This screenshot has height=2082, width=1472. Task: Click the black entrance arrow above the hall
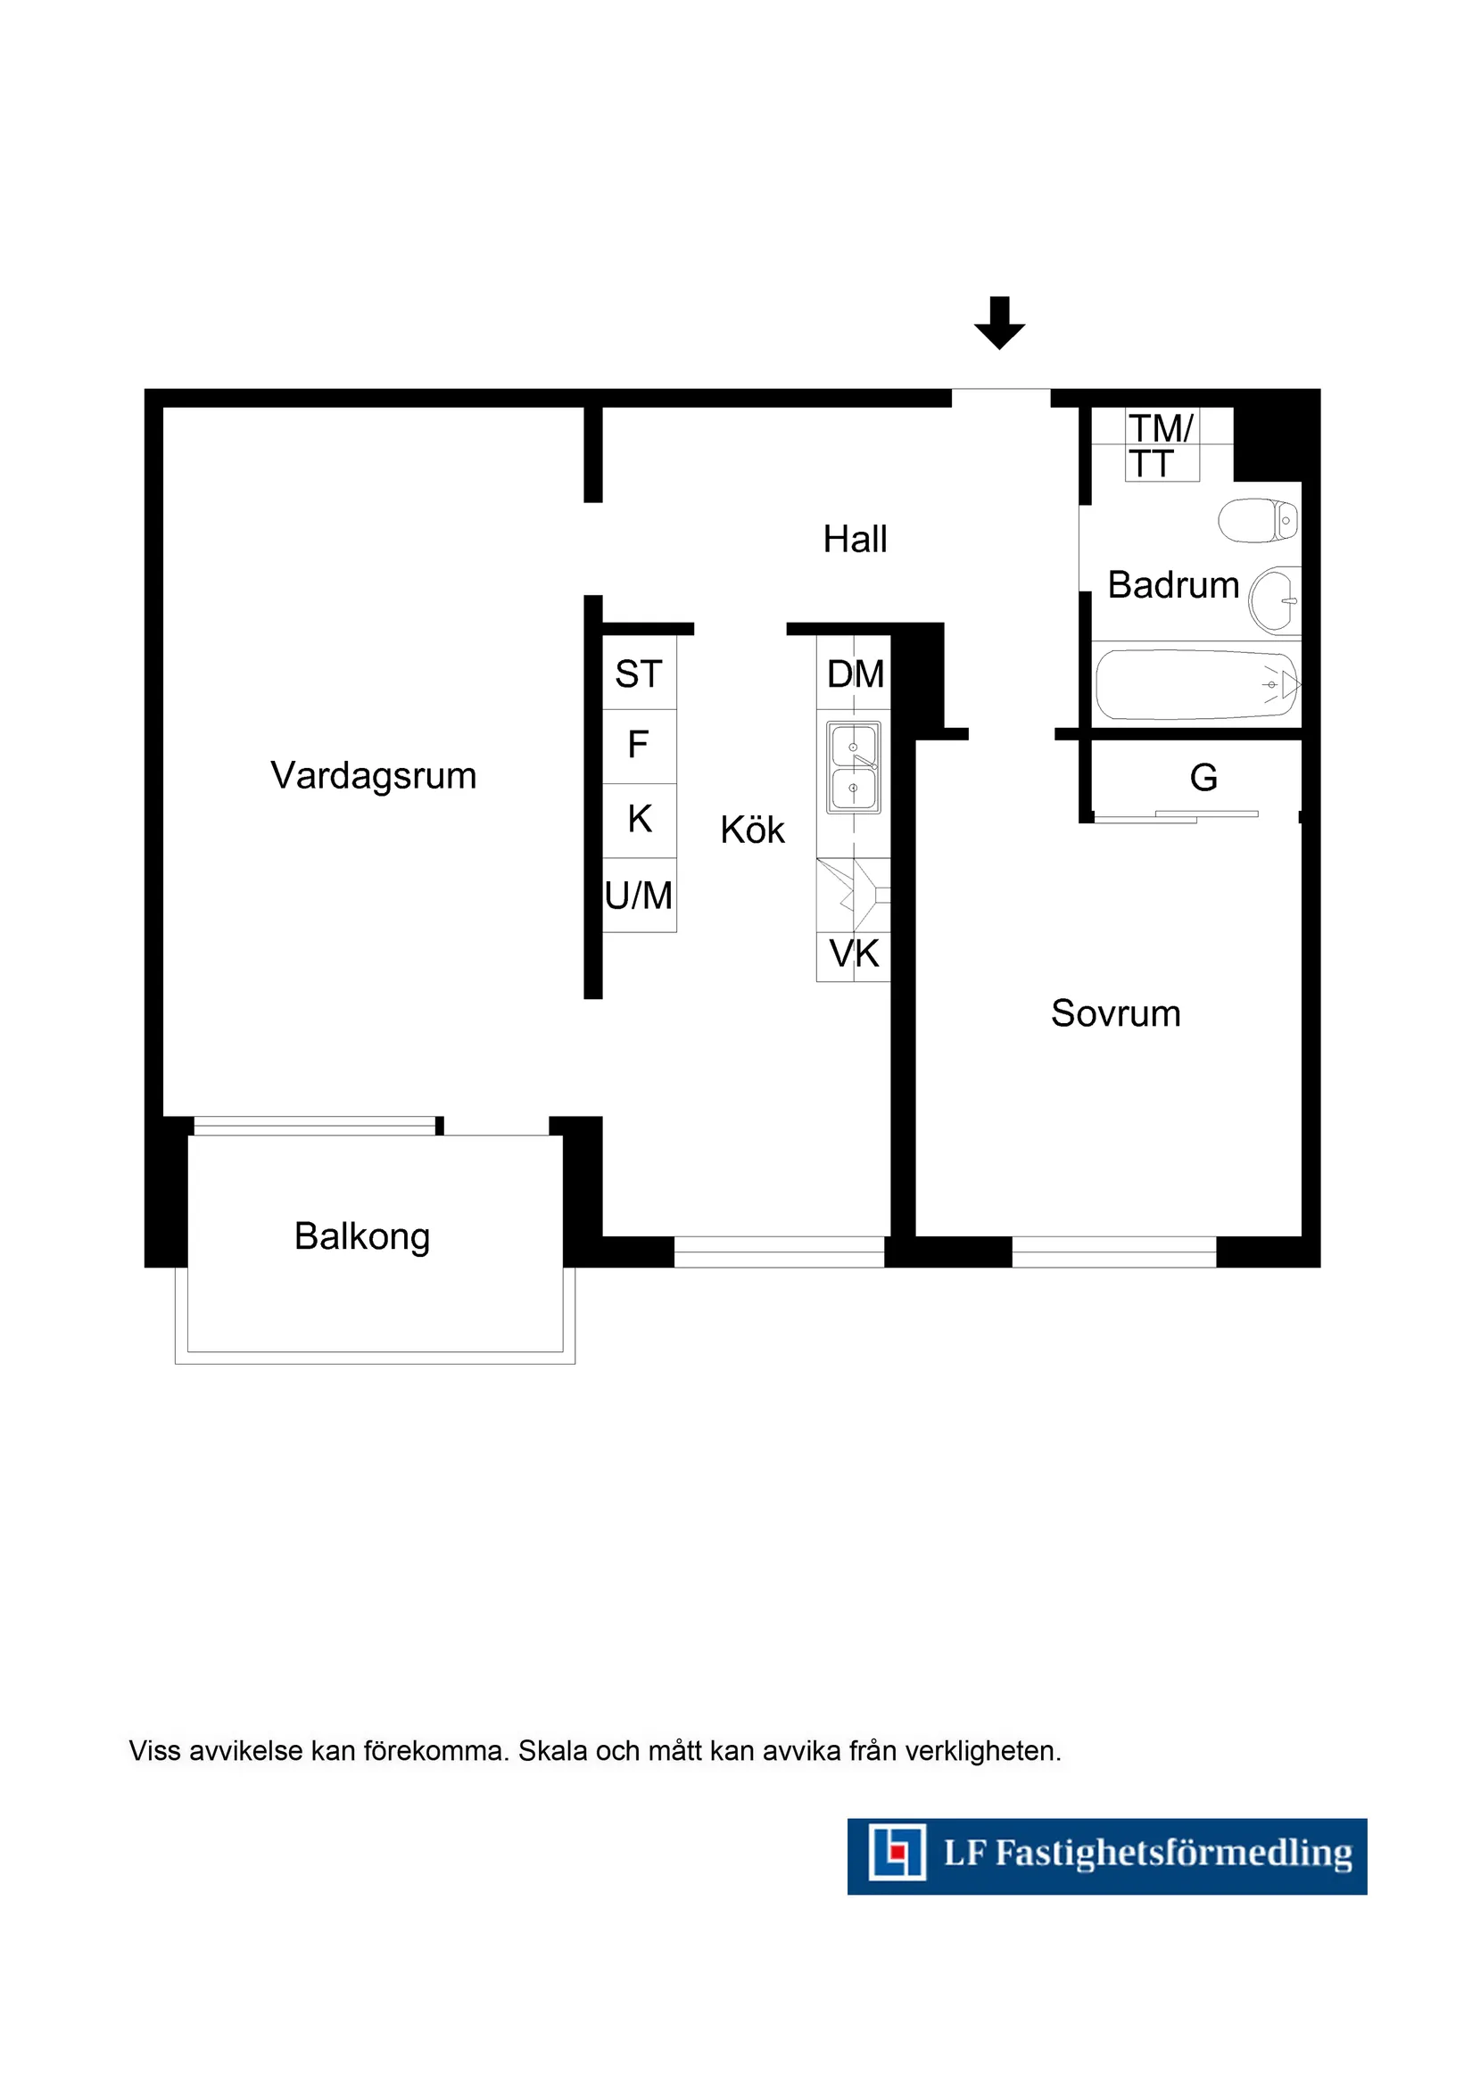click(x=999, y=322)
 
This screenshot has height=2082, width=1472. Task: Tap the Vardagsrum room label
click(x=373, y=776)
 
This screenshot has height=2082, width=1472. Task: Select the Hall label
click(x=855, y=540)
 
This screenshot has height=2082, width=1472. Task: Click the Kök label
click(x=752, y=830)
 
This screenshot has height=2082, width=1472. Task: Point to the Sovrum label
click(x=1115, y=1014)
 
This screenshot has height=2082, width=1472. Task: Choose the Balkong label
click(x=362, y=1237)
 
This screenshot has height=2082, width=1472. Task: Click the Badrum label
click(x=1173, y=586)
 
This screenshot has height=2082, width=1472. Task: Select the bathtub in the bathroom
click(x=1196, y=686)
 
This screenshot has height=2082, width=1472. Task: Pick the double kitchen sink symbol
click(x=854, y=767)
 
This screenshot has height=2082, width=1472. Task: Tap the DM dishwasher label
click(x=856, y=674)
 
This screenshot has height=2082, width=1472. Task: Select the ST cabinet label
click(x=639, y=674)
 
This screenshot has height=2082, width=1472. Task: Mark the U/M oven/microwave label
click(x=639, y=896)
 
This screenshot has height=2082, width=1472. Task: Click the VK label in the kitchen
click(x=855, y=954)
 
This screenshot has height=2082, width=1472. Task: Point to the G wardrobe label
click(x=1203, y=778)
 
